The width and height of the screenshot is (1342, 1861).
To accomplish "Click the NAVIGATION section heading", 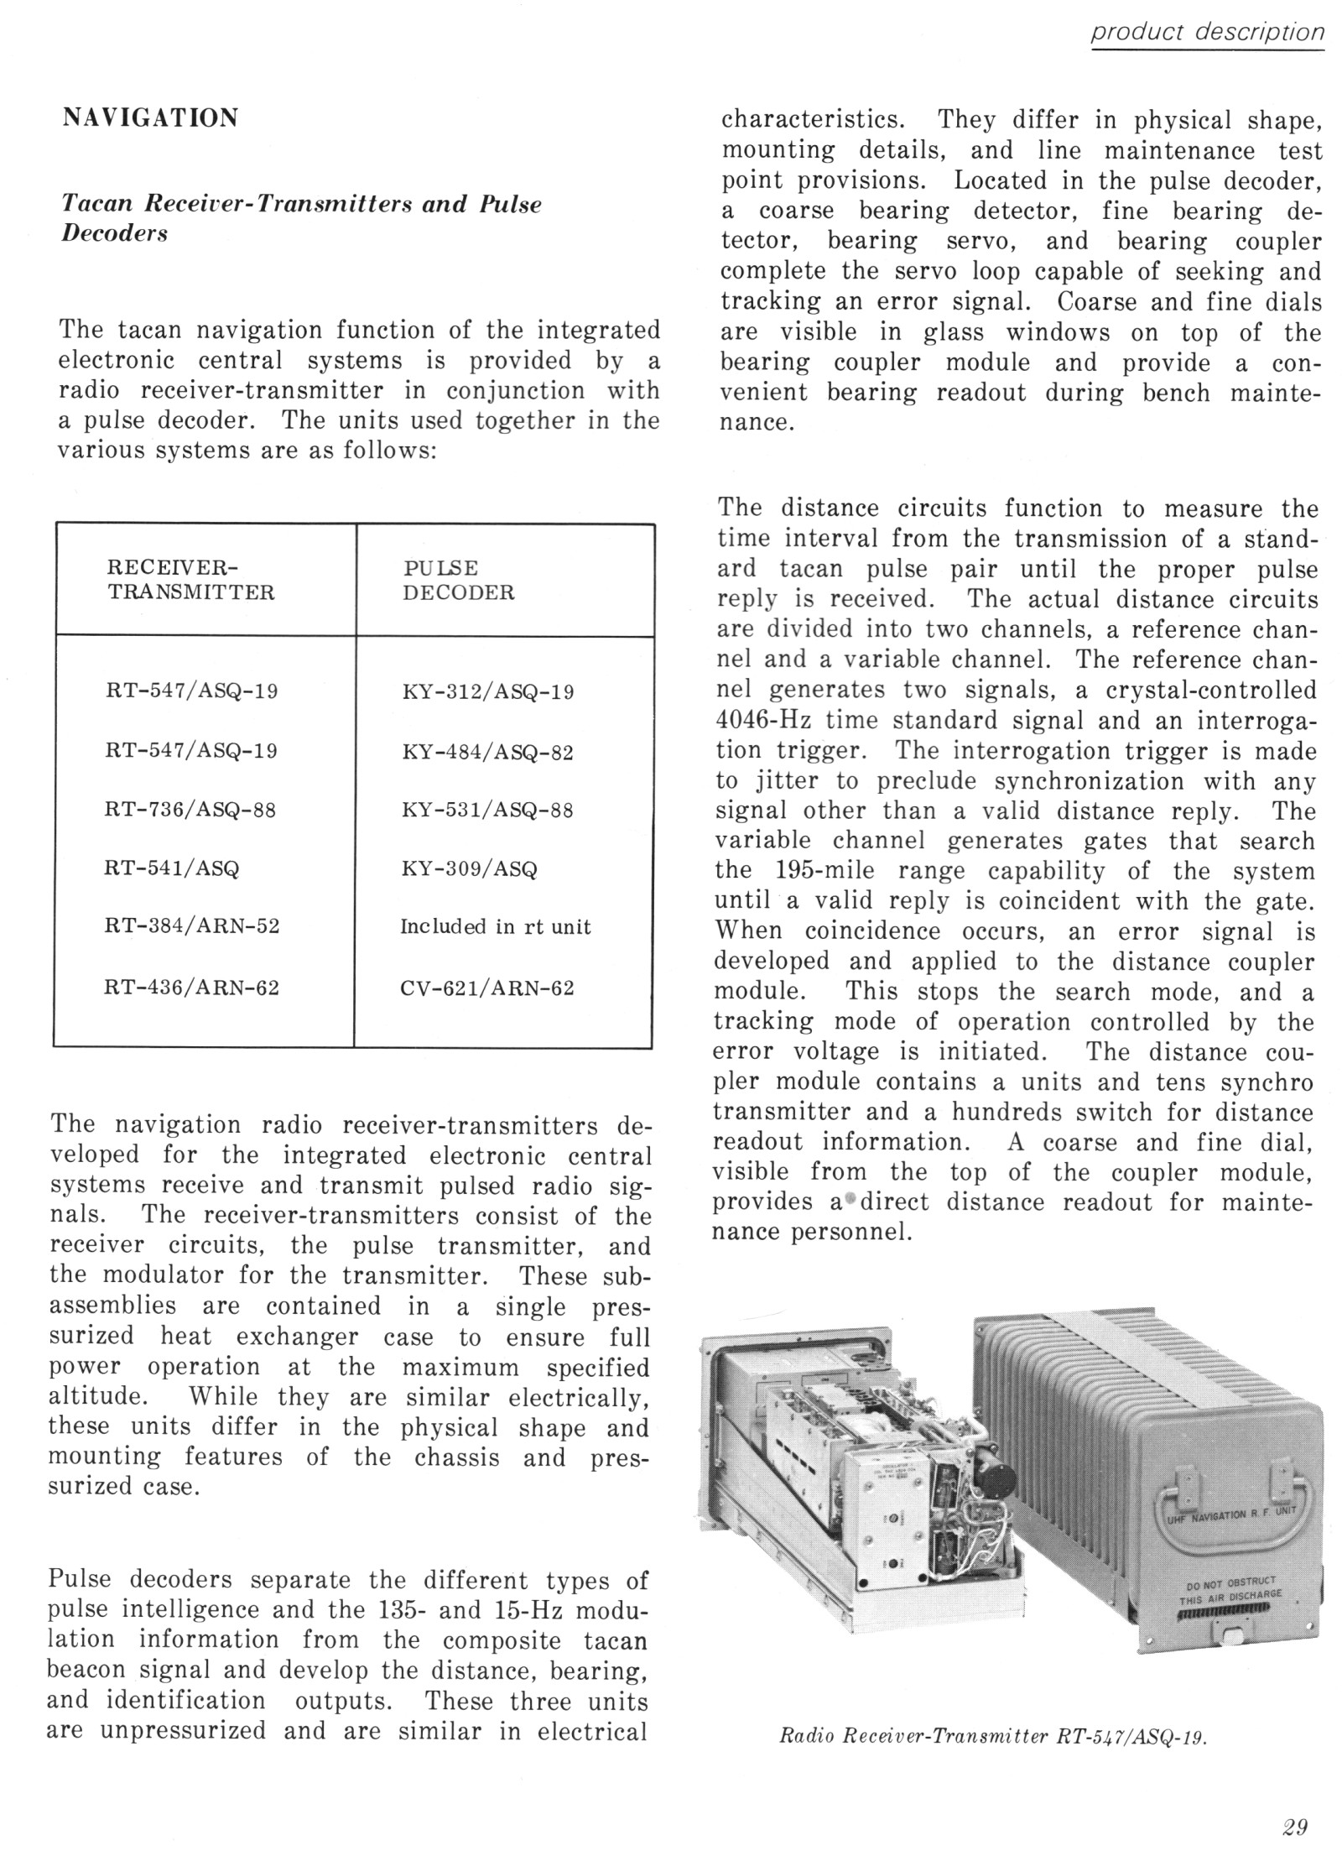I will [151, 117].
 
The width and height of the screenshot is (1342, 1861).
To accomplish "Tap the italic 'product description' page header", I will [1207, 32].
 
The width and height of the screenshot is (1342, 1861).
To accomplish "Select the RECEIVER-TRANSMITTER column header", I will [190, 580].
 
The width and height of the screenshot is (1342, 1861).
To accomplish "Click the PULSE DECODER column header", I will [458, 580].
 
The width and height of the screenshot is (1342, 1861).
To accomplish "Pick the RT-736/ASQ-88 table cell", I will [190, 811].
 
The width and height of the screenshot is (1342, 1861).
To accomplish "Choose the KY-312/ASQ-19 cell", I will [488, 693].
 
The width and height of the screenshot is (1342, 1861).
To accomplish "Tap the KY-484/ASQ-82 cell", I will [488, 752].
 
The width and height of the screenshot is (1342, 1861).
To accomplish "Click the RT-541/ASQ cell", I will [172, 868].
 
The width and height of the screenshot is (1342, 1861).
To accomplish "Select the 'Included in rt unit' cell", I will [495, 927].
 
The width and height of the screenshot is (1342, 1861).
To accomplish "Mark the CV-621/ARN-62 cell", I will [488, 988].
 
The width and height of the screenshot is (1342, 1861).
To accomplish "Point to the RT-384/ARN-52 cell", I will [192, 927].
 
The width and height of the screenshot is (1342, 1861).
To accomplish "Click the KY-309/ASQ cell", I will [469, 868].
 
